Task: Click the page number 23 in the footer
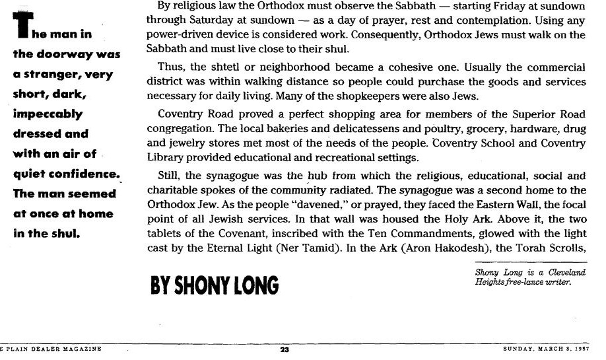click(x=285, y=349)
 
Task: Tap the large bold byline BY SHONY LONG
click(x=215, y=285)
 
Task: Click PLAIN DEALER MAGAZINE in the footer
click(x=53, y=349)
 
